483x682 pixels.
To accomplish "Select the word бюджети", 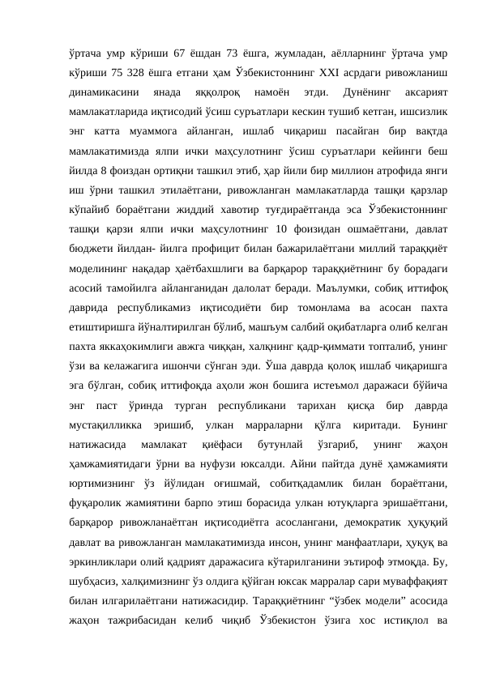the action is [91, 256].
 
